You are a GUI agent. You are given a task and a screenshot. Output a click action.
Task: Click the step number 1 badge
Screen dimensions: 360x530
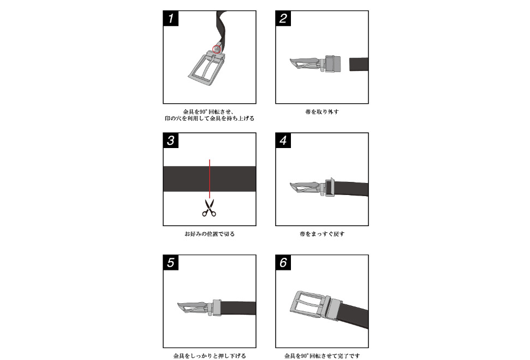[171, 19]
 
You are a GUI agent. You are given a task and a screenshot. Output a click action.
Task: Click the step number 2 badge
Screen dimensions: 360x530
[283, 19]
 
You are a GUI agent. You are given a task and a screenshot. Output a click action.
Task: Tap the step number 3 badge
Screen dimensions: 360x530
[171, 140]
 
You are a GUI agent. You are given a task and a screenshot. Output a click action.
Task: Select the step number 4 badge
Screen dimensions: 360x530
[283, 140]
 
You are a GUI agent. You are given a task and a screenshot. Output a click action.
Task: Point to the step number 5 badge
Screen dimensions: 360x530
[171, 263]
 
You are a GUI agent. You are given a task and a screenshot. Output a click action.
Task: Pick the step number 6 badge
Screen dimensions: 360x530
[283, 263]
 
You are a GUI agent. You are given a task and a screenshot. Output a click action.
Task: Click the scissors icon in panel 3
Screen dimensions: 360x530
[209, 208]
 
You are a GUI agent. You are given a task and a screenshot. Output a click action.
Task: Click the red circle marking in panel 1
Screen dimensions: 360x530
[217, 49]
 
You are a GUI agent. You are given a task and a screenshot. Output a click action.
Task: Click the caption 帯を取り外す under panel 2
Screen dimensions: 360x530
[322, 112]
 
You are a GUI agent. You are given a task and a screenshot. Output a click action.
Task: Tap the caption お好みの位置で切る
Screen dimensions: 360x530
[210, 234]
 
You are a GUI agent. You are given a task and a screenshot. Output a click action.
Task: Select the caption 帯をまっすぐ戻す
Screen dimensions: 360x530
[322, 234]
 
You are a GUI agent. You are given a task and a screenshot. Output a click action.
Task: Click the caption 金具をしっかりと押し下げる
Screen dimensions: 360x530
[210, 356]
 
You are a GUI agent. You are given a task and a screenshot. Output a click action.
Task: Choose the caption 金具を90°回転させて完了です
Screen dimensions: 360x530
[322, 356]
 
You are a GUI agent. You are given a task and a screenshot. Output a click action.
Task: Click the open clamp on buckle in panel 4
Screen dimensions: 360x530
[329, 187]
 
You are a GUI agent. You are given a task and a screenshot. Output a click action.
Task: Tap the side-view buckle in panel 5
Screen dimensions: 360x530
[196, 308]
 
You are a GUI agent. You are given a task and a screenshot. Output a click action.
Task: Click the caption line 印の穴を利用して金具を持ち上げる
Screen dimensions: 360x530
[210, 118]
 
